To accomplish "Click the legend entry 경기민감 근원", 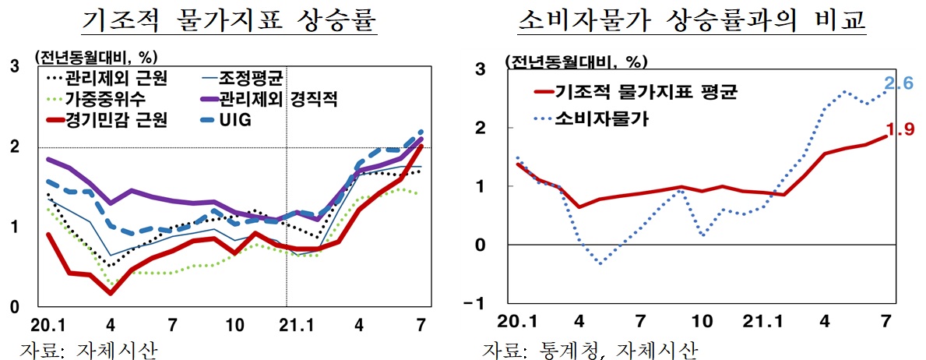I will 115,119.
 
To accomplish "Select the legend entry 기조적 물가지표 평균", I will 645,92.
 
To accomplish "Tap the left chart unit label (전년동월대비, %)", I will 95,56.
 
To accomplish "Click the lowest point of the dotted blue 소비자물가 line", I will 600,263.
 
